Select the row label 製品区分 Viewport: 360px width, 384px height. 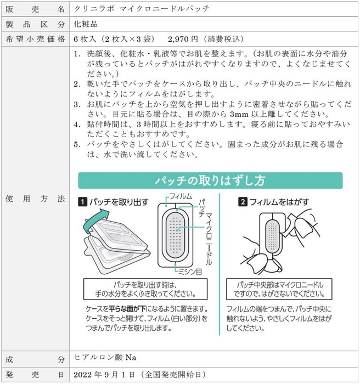coord(35,25)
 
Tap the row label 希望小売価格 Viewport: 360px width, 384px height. coord(35,39)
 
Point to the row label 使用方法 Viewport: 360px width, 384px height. coord(35,199)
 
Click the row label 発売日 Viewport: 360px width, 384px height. coord(35,374)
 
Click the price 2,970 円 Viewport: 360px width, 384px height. coord(185,39)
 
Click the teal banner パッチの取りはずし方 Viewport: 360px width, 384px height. coord(210,180)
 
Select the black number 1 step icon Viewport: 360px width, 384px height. coord(82,202)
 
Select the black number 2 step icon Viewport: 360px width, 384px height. coord(243,202)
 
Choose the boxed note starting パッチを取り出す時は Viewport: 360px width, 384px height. coord(145,290)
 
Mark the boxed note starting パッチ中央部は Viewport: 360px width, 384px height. coord(280,290)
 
